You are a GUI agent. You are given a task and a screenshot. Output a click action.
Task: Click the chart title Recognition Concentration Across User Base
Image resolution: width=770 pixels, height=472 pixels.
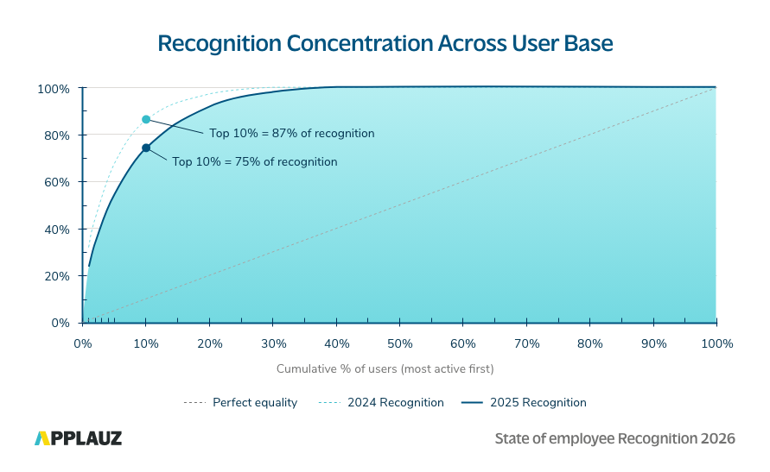pos(385,44)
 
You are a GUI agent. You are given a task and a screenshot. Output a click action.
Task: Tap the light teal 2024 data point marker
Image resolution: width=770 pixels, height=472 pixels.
pos(146,119)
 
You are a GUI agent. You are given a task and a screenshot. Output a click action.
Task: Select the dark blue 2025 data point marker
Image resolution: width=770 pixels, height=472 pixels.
pos(146,148)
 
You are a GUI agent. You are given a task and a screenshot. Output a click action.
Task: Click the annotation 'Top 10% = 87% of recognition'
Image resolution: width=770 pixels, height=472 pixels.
pos(291,134)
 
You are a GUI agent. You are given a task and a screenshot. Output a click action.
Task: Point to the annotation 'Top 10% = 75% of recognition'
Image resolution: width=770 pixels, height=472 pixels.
pos(254,161)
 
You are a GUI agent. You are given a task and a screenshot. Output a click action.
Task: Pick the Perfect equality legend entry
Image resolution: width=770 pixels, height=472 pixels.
pos(240,402)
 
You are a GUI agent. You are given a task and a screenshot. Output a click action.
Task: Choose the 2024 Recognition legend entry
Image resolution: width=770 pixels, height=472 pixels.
pos(381,402)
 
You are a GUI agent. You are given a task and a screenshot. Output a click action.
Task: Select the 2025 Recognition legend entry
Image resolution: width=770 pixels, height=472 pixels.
pos(523,402)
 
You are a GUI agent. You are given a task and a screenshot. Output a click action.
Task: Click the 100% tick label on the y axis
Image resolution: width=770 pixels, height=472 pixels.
pos(54,89)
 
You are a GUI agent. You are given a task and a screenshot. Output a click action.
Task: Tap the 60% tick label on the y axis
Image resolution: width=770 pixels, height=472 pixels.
pos(56,182)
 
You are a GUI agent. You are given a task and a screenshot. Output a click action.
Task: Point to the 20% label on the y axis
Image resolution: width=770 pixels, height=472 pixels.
pos(56,276)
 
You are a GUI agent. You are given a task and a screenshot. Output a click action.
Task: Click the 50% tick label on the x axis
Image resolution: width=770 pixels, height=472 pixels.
pos(399,343)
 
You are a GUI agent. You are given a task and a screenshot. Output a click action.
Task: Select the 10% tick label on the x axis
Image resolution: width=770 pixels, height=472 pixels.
pos(146,343)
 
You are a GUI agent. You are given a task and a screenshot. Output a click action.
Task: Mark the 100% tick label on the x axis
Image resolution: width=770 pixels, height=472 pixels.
pos(716,343)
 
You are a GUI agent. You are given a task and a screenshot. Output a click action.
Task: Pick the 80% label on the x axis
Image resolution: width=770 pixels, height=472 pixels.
pos(590,343)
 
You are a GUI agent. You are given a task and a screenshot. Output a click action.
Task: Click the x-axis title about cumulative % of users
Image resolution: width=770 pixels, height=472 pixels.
pos(385,368)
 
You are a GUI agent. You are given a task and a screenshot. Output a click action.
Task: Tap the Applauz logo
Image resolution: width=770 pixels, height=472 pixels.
pos(78,438)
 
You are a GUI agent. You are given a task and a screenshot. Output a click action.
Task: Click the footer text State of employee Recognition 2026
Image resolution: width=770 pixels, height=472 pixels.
pos(614,438)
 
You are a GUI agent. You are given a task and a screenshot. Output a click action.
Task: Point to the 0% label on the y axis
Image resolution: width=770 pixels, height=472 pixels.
pos(60,323)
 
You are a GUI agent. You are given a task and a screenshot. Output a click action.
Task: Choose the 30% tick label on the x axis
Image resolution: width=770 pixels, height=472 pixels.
pos(273,343)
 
